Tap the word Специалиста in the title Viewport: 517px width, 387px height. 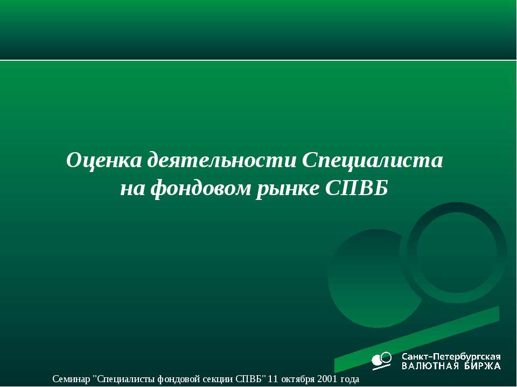click(x=373, y=160)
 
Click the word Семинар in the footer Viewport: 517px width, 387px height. click(x=72, y=379)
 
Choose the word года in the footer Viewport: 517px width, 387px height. click(x=348, y=379)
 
